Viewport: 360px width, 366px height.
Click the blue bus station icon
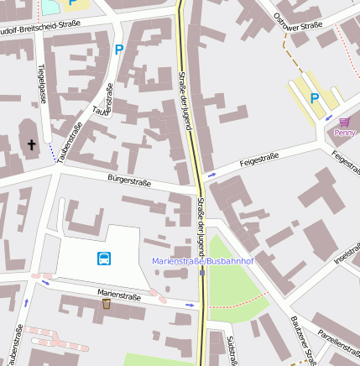coord(104,259)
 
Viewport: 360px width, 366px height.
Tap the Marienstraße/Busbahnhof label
coord(202,261)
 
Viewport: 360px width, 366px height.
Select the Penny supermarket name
coord(344,133)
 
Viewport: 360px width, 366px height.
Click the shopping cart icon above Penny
coord(344,122)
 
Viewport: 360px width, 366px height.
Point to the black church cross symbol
coord(32,145)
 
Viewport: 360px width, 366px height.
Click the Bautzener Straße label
coord(300,338)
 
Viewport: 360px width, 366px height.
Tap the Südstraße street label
coord(231,349)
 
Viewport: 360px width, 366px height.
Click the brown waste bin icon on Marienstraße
coord(106,304)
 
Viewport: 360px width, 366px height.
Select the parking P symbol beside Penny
coord(315,98)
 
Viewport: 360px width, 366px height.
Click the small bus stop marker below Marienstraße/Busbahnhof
coord(201,272)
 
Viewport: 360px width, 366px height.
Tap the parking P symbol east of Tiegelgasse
coord(118,50)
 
